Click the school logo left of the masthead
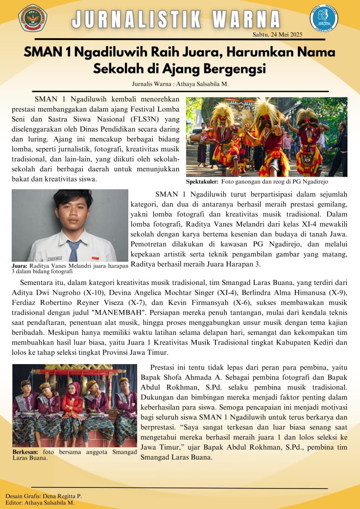(33, 18)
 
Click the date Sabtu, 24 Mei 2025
(277, 34)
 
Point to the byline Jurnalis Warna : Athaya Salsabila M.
(180, 84)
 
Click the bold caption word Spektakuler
(202, 182)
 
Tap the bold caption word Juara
(19, 266)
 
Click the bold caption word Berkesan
(25, 452)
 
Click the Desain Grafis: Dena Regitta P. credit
(44, 496)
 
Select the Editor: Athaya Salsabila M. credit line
(40, 503)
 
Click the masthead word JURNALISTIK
(137, 19)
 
